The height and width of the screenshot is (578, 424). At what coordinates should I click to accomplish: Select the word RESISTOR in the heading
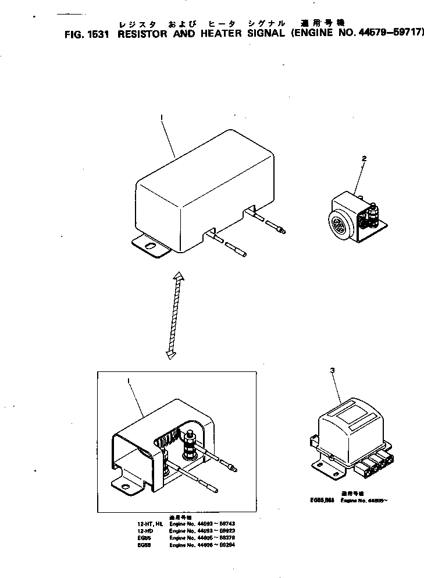pos(146,33)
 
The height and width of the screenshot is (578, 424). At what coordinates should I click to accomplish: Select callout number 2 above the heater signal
pos(364,158)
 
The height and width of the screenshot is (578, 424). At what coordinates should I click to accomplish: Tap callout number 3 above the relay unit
pos(332,370)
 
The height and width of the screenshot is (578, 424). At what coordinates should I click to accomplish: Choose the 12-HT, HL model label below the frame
pos(148,523)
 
